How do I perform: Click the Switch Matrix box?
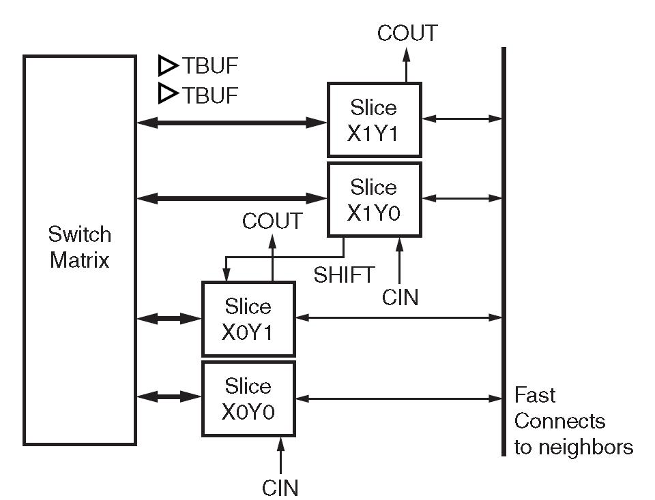[x=79, y=249]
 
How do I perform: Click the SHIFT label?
[x=344, y=275]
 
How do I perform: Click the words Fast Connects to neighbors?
[x=573, y=421]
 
